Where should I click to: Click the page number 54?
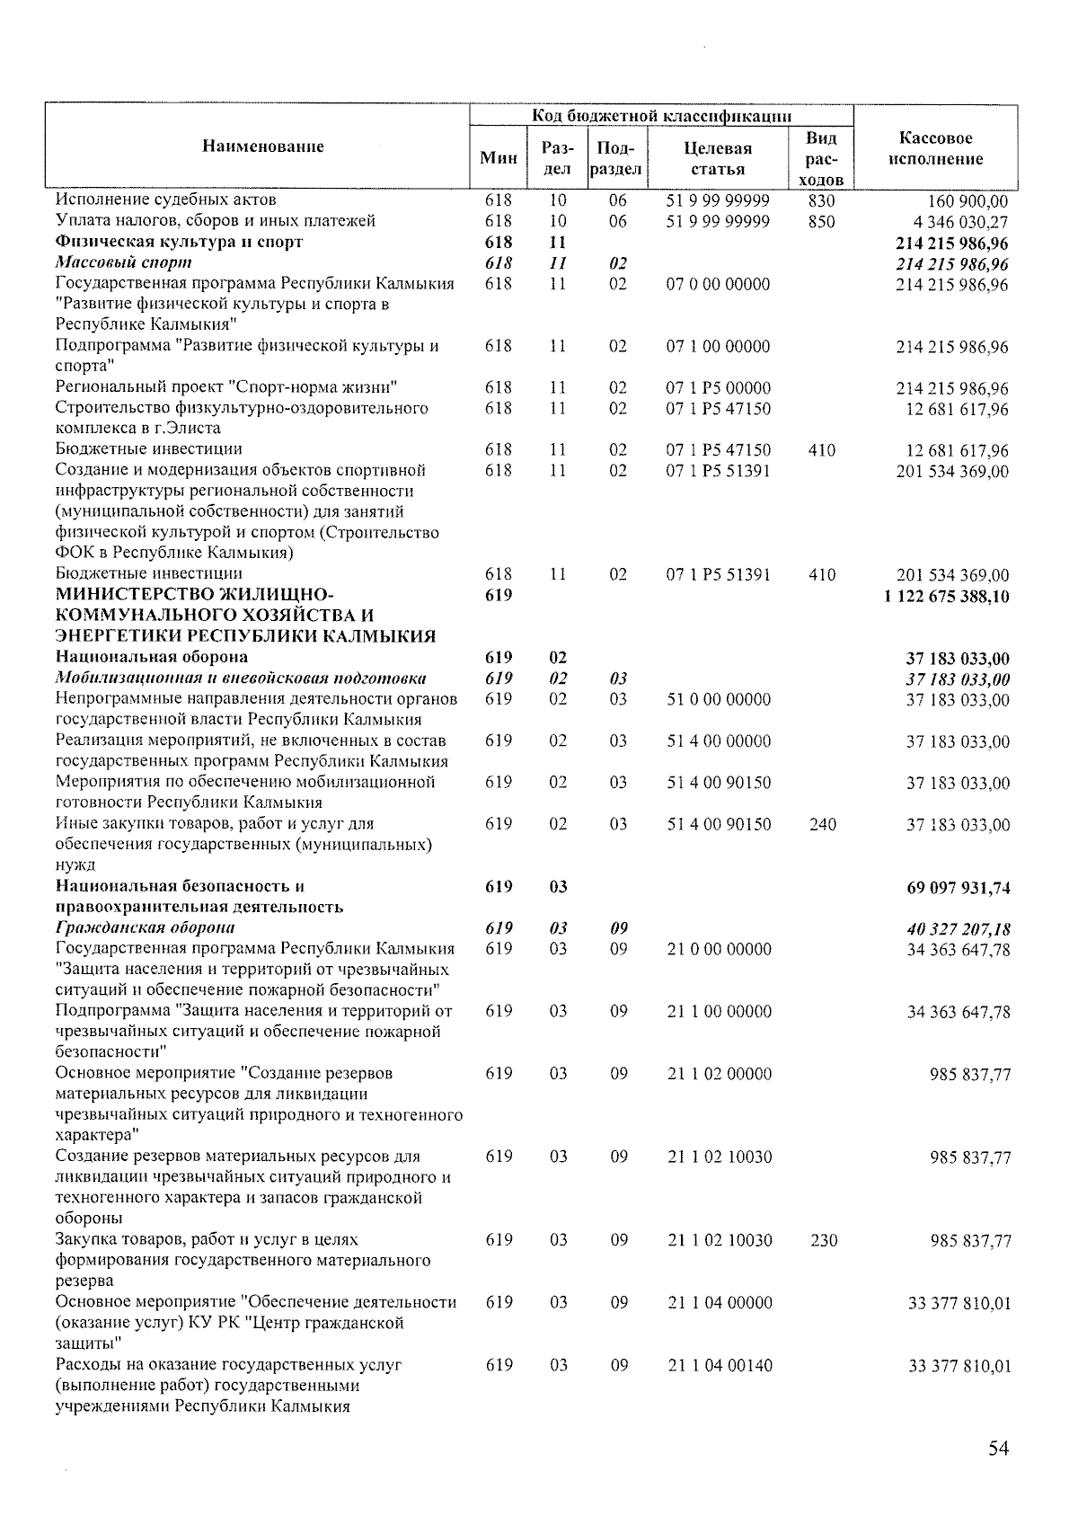(998, 1448)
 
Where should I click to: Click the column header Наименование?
(262, 146)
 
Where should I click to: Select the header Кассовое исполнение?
(935, 148)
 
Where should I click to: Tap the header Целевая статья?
(718, 158)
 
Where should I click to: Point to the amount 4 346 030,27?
(957, 222)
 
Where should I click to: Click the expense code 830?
(821, 201)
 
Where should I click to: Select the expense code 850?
(821, 222)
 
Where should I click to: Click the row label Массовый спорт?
(123, 263)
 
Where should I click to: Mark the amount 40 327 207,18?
(958, 929)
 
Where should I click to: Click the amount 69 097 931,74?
(958, 888)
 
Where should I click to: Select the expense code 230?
(823, 1240)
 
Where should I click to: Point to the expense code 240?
(823, 824)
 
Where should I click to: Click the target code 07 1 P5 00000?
(718, 388)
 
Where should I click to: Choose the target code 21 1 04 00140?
(719, 1365)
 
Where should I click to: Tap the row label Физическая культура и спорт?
(179, 242)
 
